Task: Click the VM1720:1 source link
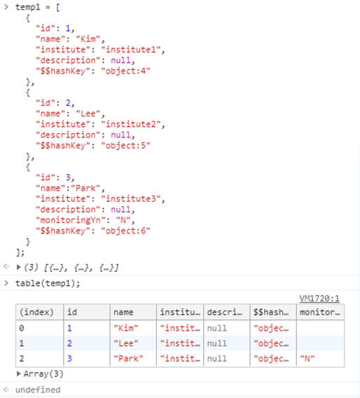pos(319,298)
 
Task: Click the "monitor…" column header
pos(320,312)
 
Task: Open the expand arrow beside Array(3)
pos(18,373)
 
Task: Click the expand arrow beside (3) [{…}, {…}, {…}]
pos(18,267)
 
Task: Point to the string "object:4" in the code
pos(125,71)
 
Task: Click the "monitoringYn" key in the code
pos(70,220)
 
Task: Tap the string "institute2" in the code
pos(131,124)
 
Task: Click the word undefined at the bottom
pos(38,390)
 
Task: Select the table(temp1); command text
pos(48,283)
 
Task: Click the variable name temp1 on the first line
pos(28,7)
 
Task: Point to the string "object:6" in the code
pos(125,231)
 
